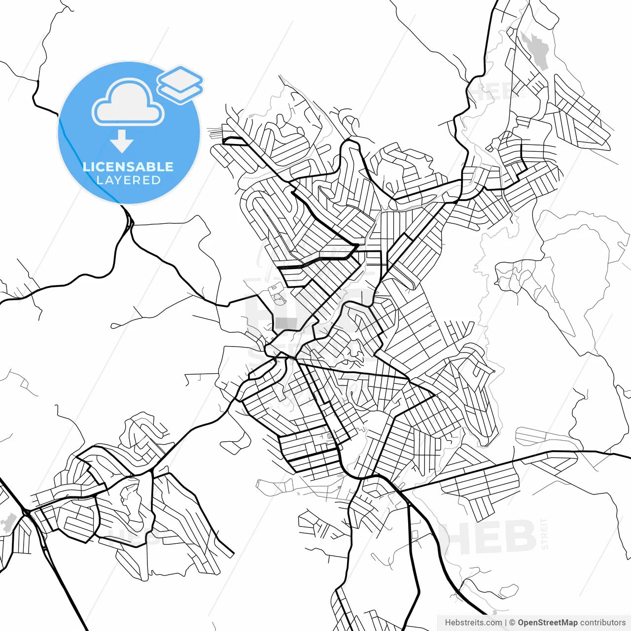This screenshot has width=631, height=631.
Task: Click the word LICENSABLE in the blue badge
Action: point(128,167)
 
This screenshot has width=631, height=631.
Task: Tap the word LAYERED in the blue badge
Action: point(128,180)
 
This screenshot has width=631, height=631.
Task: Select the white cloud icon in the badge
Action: point(128,103)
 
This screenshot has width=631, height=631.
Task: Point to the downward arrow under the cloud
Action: point(121,141)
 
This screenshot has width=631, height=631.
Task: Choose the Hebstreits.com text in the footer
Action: point(473,623)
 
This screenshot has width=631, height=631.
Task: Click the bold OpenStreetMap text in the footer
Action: point(548,623)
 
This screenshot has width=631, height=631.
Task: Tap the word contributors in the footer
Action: point(603,623)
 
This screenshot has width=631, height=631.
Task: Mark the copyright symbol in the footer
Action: point(512,623)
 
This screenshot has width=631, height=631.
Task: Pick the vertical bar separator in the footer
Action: point(506,623)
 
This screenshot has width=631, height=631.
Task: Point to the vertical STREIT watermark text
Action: point(544,533)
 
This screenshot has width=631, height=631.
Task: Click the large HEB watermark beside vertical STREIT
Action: point(488,537)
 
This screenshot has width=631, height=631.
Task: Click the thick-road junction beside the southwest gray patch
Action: point(27,513)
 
